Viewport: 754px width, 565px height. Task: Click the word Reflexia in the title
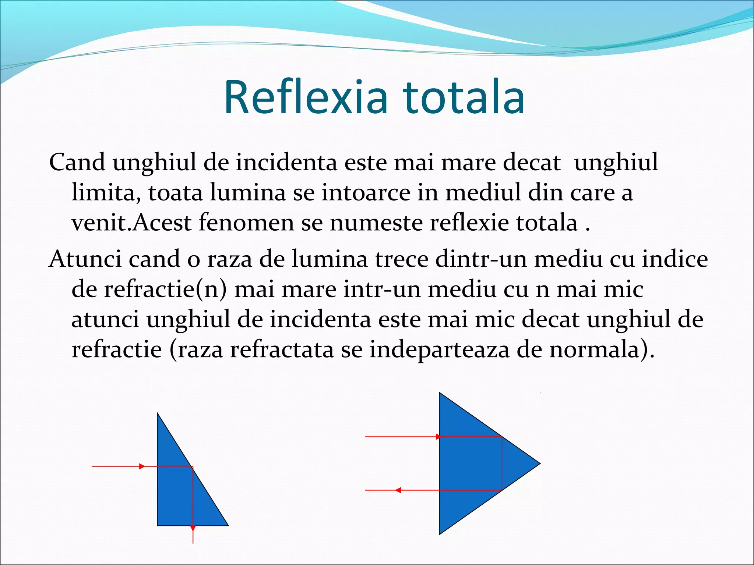click(x=306, y=97)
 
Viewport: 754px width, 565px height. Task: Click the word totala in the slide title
click(x=464, y=97)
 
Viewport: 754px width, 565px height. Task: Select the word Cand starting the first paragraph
click(x=77, y=162)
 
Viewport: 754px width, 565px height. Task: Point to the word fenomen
click(x=246, y=223)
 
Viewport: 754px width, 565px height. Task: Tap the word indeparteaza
click(x=440, y=349)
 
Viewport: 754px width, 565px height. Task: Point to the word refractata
click(x=282, y=349)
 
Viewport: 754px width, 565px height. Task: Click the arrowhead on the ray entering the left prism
click(x=142, y=466)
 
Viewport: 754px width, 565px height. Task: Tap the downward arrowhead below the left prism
click(x=193, y=528)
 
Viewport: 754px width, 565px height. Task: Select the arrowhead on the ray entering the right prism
click(x=438, y=437)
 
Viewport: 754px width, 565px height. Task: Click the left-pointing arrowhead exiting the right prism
click(x=398, y=490)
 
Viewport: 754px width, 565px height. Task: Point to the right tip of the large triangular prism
click(x=539, y=463)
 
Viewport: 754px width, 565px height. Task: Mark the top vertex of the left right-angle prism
click(x=158, y=414)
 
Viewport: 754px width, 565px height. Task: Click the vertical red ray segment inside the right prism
click(x=502, y=463)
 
